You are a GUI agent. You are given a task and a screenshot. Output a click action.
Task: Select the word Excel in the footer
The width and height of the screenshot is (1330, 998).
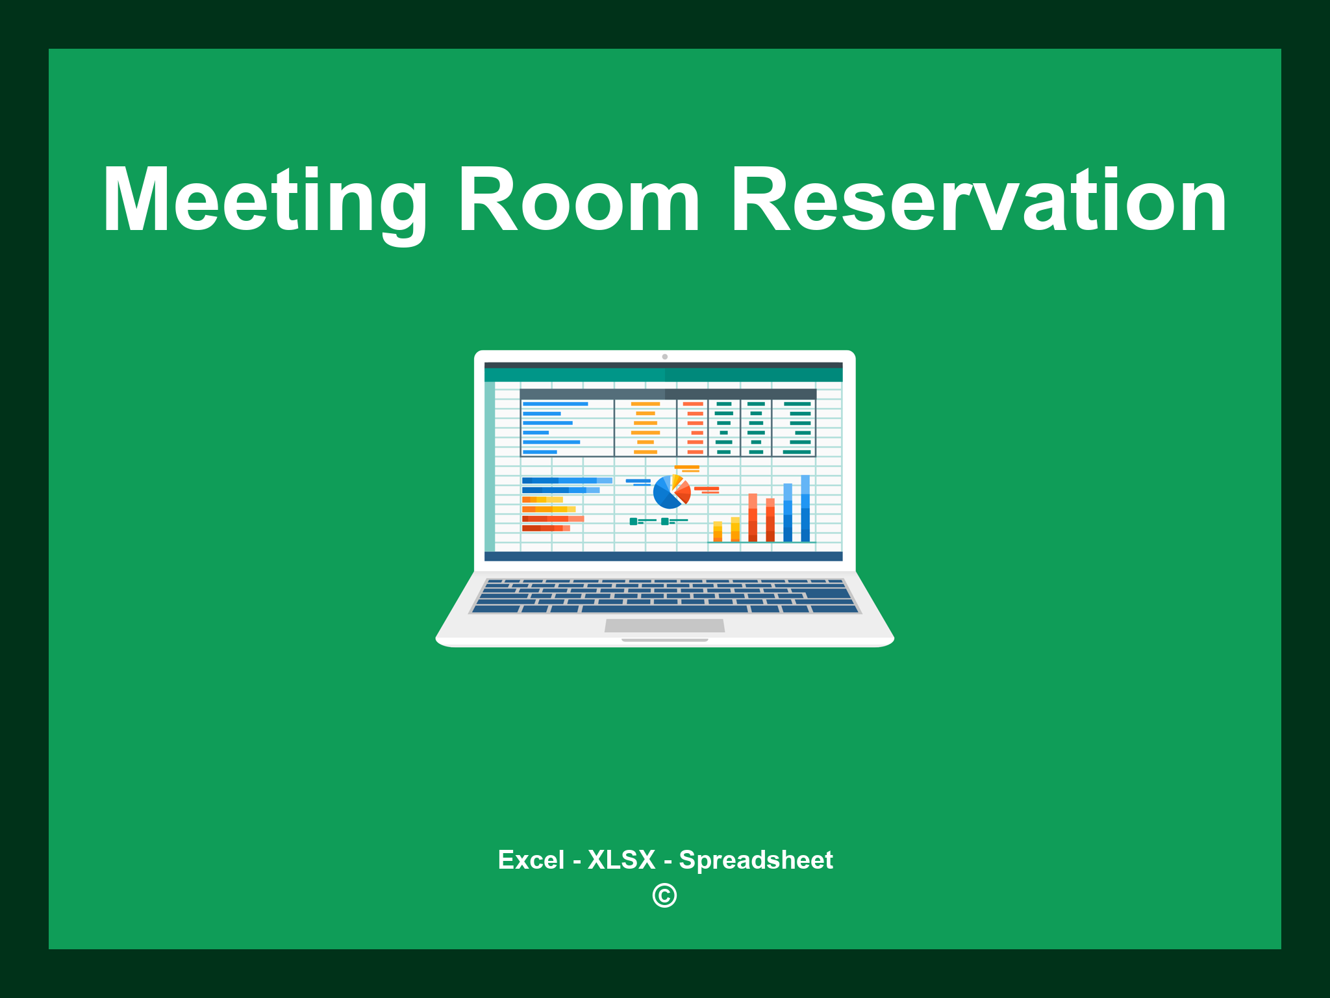pyautogui.click(x=531, y=860)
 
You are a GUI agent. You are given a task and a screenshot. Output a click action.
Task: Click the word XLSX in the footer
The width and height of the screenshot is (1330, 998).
pyautogui.click(x=621, y=860)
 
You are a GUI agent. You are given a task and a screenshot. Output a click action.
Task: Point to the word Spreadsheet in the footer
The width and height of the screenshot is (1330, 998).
pyautogui.click(x=755, y=860)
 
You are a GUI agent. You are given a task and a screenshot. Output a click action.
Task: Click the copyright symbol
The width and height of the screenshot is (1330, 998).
pyautogui.click(x=664, y=896)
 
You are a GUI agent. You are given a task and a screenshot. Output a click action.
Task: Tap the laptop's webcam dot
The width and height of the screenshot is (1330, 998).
pyautogui.click(x=664, y=357)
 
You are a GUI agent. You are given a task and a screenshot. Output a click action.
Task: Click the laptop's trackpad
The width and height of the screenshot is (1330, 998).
pyautogui.click(x=664, y=625)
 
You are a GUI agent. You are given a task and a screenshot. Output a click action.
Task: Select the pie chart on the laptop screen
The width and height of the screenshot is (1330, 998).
pyautogui.click(x=671, y=492)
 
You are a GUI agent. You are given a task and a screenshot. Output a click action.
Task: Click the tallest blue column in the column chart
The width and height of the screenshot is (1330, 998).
pyautogui.click(x=805, y=508)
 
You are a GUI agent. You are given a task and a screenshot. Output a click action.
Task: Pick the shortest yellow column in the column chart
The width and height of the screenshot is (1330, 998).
pyautogui.click(x=718, y=531)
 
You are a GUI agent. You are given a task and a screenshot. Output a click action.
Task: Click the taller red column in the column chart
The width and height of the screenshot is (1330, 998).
pyautogui.click(x=753, y=517)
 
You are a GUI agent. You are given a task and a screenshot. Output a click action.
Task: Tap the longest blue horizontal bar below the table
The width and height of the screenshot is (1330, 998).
pyautogui.click(x=566, y=480)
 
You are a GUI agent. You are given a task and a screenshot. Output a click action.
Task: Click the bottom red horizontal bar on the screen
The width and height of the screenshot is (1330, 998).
pyautogui.click(x=546, y=528)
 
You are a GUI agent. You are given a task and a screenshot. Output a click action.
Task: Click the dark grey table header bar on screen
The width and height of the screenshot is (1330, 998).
pyautogui.click(x=668, y=394)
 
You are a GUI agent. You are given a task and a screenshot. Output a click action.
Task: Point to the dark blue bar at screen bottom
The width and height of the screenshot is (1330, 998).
pyautogui.click(x=663, y=556)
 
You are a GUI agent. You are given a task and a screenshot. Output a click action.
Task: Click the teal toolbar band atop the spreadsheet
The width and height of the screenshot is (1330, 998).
pyautogui.click(x=663, y=375)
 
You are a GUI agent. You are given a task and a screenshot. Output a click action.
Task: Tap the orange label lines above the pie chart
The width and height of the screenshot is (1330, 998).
pyautogui.click(x=687, y=468)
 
